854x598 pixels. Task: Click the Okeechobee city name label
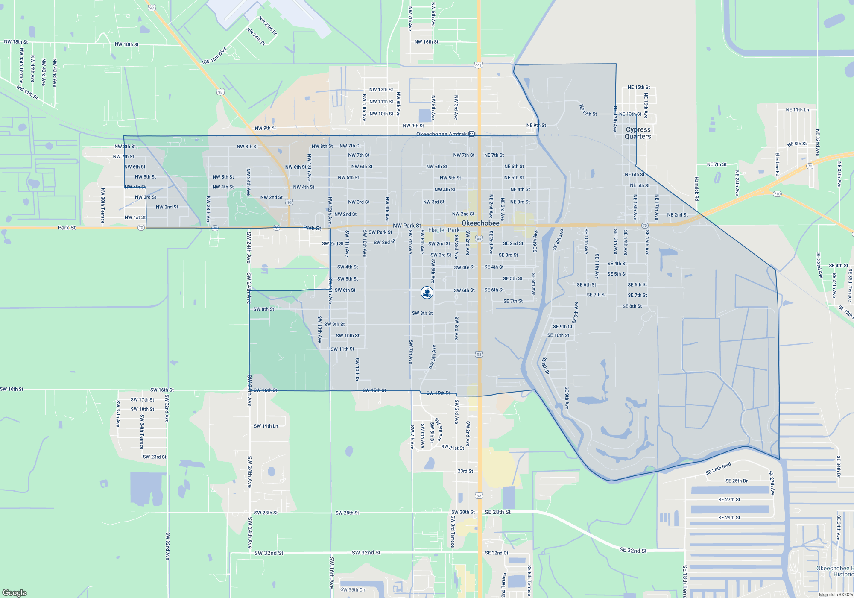(x=480, y=223)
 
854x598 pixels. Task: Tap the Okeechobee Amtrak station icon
(x=471, y=134)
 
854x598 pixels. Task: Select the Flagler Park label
(x=444, y=230)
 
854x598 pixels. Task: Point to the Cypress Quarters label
(x=638, y=133)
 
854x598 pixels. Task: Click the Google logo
(x=15, y=593)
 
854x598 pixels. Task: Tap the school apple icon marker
(x=427, y=293)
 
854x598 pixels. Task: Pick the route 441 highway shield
(x=478, y=65)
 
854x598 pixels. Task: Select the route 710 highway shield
(x=777, y=194)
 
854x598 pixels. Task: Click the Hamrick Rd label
(x=696, y=188)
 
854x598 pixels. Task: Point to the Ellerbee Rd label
(x=778, y=164)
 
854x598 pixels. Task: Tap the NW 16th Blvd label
(x=214, y=56)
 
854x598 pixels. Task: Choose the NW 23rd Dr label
(x=268, y=26)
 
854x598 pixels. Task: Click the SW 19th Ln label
(x=266, y=426)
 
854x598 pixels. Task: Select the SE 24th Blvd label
(x=718, y=469)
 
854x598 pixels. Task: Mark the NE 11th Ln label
(x=797, y=110)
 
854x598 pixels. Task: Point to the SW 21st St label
(x=453, y=448)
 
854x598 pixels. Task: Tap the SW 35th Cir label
(x=353, y=590)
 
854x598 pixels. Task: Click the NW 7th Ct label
(x=350, y=146)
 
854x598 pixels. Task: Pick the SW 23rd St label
(x=155, y=457)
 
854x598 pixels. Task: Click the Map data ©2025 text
(x=836, y=595)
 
